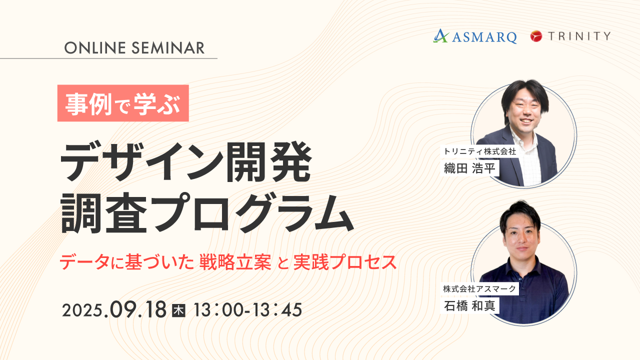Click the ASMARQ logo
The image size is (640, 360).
(475, 36)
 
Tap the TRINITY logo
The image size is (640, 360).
(570, 36)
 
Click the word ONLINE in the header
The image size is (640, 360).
(95, 47)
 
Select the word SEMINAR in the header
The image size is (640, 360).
(168, 47)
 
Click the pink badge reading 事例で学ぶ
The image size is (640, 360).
(123, 103)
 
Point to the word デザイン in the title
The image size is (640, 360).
(142, 161)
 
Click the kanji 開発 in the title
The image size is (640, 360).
(268, 161)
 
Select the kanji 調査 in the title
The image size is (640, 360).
(103, 213)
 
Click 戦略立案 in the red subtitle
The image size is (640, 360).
(235, 262)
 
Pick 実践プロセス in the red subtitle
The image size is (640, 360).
(345, 262)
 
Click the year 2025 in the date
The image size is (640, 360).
(82, 310)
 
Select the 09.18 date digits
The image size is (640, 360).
(138, 309)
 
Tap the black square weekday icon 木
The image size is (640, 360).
(178, 310)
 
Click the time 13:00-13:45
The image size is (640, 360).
(247, 310)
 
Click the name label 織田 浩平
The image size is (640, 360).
(469, 168)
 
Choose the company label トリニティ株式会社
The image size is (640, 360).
(479, 151)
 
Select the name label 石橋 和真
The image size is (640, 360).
(469, 305)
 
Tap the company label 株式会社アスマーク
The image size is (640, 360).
(479, 289)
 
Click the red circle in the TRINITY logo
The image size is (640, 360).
(536, 36)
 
